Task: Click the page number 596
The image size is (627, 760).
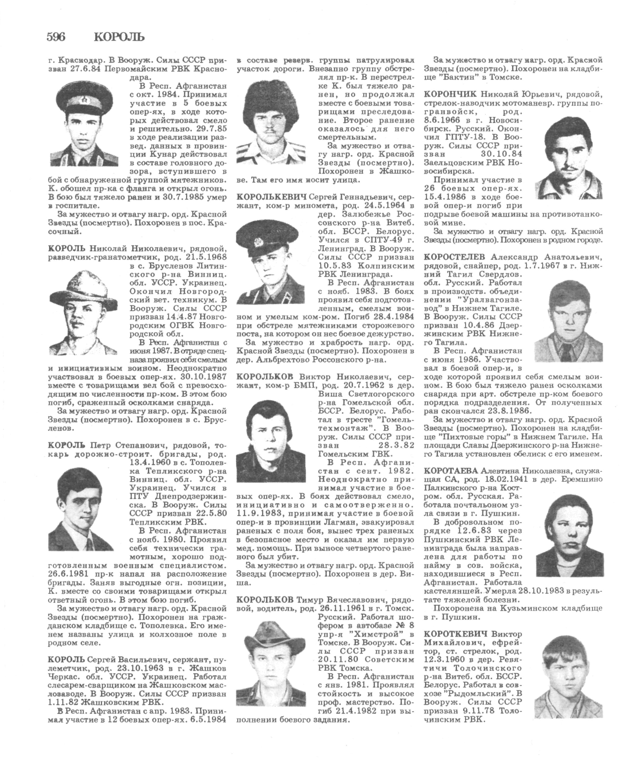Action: (x=56, y=37)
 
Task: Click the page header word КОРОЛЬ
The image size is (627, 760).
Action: (x=119, y=37)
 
